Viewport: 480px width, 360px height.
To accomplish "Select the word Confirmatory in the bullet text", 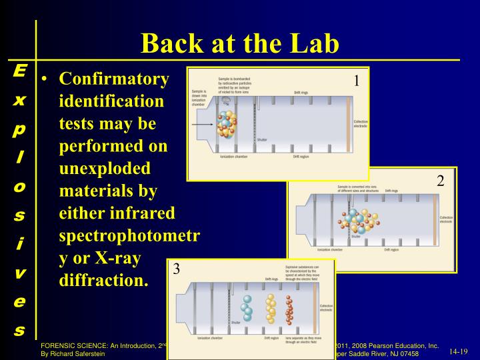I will (114, 79).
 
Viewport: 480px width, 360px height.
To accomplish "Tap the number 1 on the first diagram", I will (357, 81).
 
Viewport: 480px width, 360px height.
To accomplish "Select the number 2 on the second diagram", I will (440, 181).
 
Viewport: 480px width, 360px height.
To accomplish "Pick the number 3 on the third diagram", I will (177, 269).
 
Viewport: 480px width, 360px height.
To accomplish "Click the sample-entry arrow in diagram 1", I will (202, 124).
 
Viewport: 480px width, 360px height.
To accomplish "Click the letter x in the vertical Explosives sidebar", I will (19, 101).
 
